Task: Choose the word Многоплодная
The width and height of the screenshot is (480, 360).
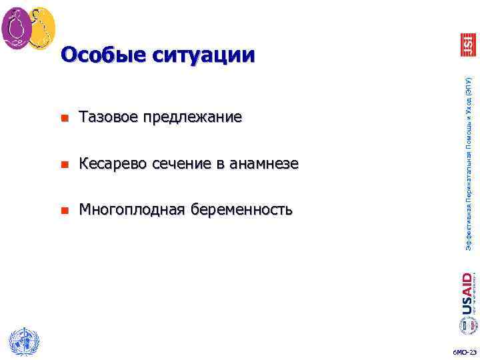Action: (x=132, y=211)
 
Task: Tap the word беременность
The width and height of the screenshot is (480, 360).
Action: (x=241, y=211)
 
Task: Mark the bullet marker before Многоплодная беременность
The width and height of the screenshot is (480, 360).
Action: (x=63, y=211)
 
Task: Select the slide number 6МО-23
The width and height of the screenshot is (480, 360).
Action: (x=464, y=352)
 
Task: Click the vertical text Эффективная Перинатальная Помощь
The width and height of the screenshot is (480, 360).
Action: (x=468, y=163)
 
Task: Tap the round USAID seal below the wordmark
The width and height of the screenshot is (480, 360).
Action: (x=467, y=325)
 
